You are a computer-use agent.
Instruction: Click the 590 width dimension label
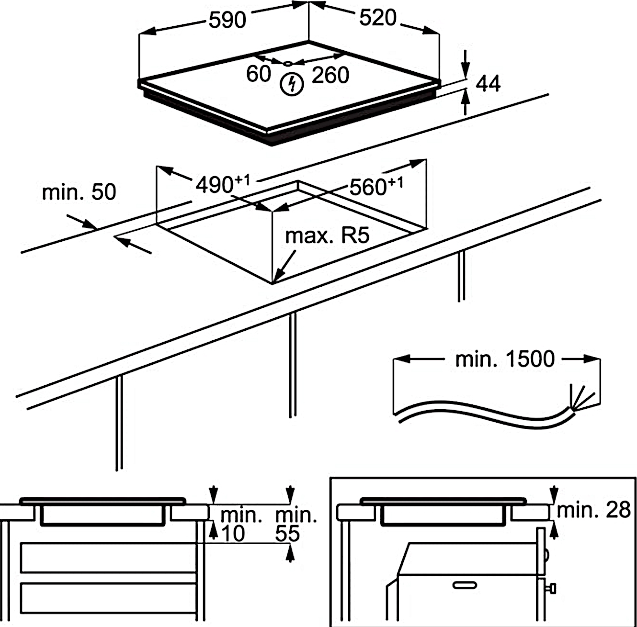(227, 20)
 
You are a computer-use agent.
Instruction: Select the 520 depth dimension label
(378, 18)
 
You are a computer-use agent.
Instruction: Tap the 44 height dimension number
(488, 84)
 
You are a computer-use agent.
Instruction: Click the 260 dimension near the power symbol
(330, 76)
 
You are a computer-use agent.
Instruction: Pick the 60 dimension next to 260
(259, 74)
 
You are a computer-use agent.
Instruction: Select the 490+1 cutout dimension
(222, 184)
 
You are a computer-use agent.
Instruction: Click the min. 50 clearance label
(79, 192)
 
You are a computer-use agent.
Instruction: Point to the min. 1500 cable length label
(505, 359)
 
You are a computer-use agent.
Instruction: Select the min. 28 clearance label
(593, 510)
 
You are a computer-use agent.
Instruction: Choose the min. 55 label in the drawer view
(293, 525)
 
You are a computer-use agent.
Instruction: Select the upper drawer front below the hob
(108, 558)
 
